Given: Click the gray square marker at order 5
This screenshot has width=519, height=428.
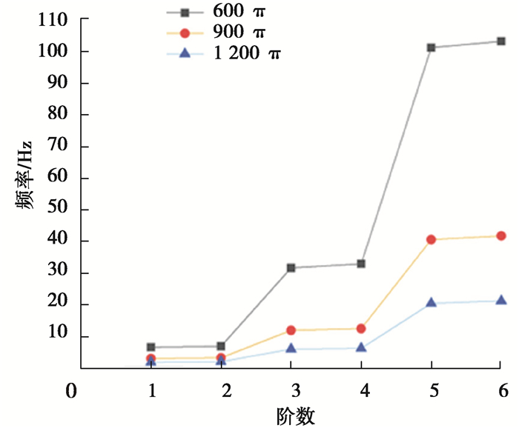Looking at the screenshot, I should (431, 47).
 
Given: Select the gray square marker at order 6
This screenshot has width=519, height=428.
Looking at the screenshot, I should (501, 41).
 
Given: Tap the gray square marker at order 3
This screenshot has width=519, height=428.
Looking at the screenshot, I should (291, 267).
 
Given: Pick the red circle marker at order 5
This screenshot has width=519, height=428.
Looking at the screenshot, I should (431, 239).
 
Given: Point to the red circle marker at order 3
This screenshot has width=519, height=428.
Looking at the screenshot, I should (291, 330).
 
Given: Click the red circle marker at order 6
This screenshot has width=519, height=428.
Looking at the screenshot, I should (501, 235).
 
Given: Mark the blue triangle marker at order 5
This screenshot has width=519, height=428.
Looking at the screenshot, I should (431, 303).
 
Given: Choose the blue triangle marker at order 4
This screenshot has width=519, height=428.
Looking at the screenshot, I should (361, 347).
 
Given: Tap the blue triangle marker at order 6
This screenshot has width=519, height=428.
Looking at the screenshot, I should (501, 301).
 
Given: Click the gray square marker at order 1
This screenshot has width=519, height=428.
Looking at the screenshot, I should (151, 347).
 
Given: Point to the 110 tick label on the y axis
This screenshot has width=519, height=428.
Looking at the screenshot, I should (53, 21).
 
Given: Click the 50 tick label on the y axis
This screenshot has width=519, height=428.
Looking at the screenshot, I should (58, 210).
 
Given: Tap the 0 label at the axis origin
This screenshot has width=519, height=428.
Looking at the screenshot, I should (71, 390).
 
